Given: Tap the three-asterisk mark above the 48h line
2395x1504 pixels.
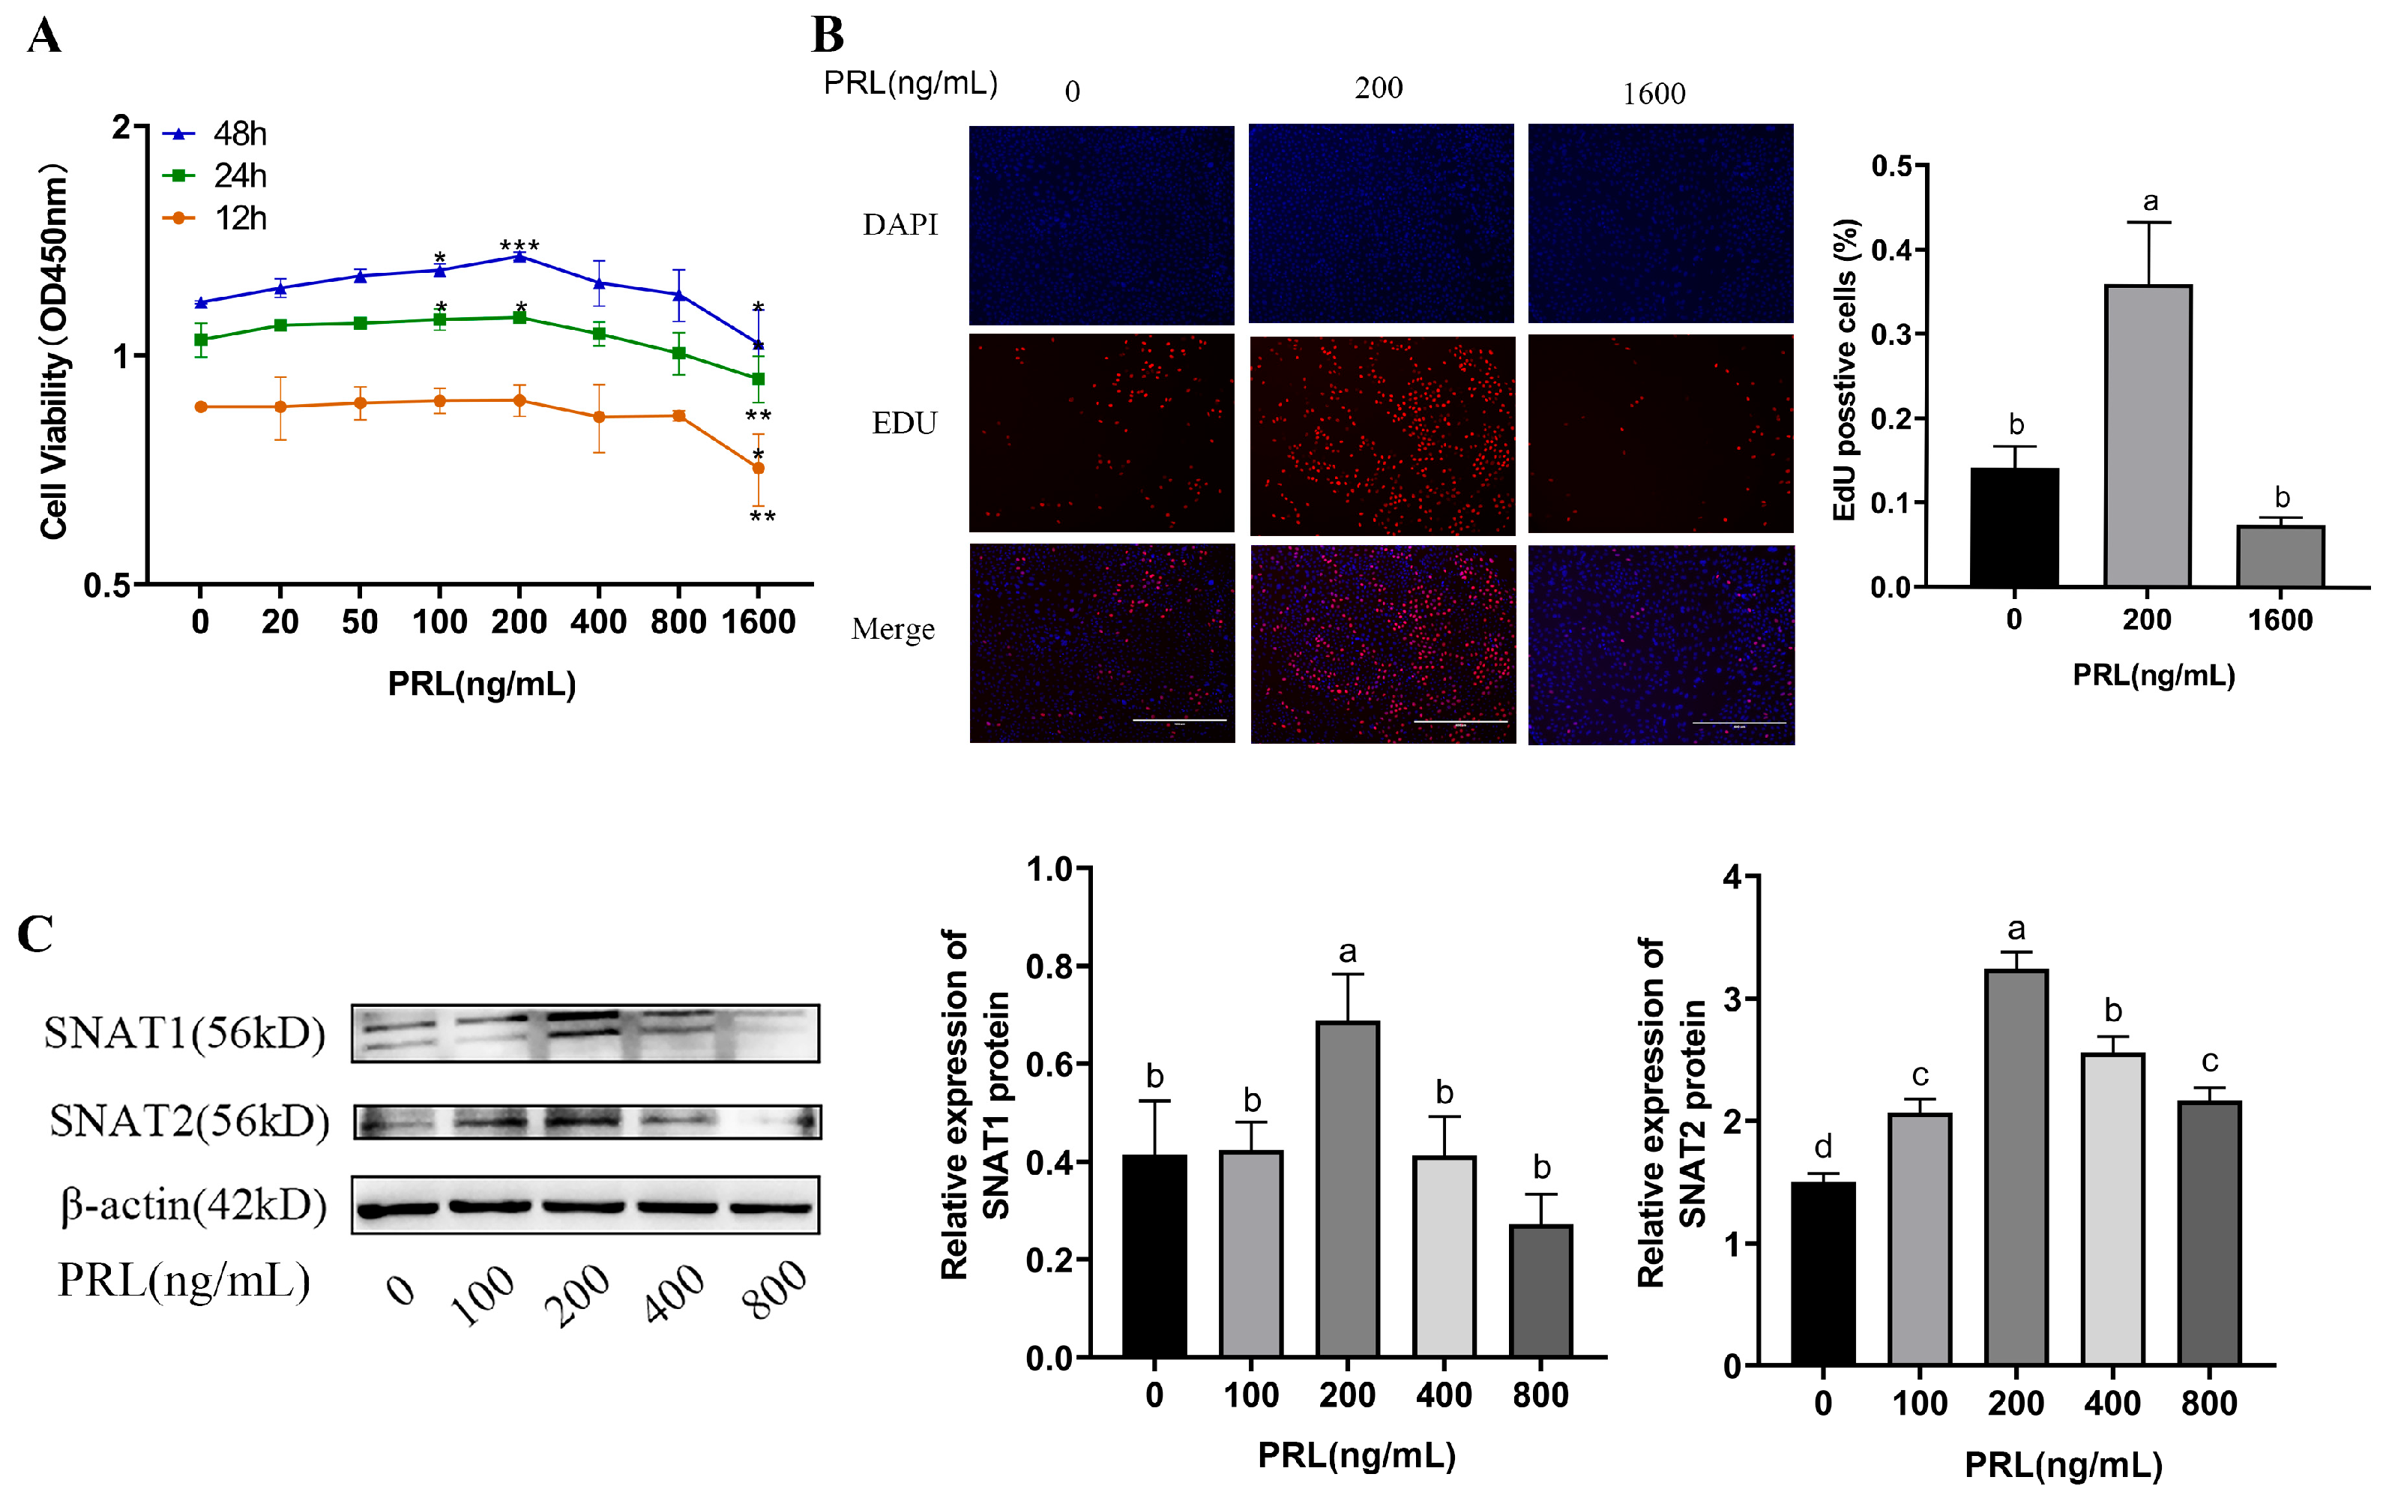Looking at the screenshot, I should click(x=519, y=244).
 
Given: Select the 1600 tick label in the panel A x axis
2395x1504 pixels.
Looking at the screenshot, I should click(x=758, y=623).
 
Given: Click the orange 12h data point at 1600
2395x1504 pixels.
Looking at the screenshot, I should click(x=758, y=468).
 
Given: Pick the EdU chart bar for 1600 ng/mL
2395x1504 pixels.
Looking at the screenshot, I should click(x=2280, y=556).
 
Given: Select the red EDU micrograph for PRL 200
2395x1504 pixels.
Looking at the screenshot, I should click(x=1382, y=435).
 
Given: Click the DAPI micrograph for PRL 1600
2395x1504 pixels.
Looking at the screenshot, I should click(x=1660, y=224).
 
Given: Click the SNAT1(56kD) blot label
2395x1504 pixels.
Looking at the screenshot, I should click(x=185, y=1033).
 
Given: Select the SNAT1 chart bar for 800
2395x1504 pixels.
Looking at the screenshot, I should click(x=1540, y=1290).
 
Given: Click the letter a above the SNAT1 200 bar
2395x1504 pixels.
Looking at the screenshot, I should click(x=1347, y=952).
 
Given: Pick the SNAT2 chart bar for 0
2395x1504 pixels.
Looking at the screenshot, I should click(x=1822, y=1272).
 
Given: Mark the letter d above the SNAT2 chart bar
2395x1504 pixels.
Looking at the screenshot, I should click(x=1822, y=1147).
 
